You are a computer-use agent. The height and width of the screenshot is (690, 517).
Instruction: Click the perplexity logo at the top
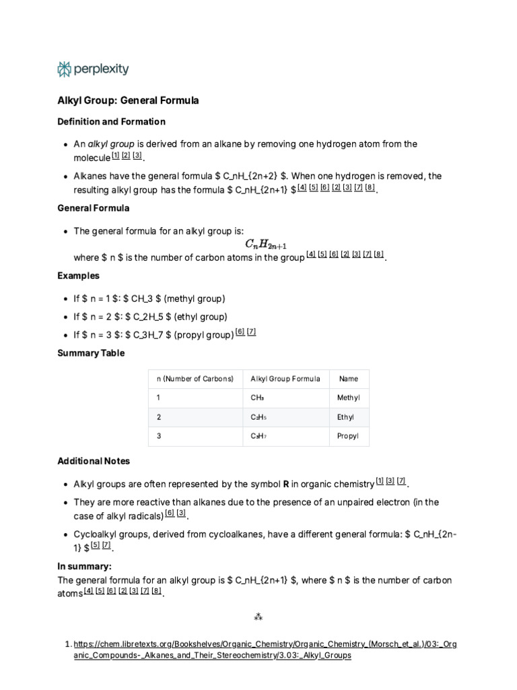(x=93, y=69)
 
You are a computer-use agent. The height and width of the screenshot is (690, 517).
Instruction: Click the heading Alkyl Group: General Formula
(x=128, y=100)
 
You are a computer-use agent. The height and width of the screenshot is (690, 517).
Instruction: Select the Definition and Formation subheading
(x=111, y=122)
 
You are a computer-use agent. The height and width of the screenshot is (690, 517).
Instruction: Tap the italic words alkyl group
(x=111, y=144)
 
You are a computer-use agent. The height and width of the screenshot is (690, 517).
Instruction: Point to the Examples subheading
(x=79, y=276)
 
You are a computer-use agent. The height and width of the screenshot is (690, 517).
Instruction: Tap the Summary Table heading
(x=91, y=353)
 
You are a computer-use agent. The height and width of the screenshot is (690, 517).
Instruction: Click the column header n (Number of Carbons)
(x=195, y=379)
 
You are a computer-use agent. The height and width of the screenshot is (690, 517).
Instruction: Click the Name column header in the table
(x=348, y=379)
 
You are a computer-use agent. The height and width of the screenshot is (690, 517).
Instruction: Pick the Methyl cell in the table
(x=348, y=398)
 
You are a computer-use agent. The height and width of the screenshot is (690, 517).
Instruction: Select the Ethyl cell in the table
(x=345, y=417)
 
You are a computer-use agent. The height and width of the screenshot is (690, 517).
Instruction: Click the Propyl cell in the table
(x=347, y=436)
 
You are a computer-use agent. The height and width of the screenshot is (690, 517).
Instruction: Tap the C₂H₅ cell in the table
(x=258, y=417)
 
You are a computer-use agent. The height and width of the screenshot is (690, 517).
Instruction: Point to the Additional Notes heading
(x=94, y=461)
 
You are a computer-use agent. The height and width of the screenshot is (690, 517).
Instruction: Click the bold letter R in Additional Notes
(x=286, y=484)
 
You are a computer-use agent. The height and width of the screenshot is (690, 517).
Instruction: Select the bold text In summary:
(x=84, y=567)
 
